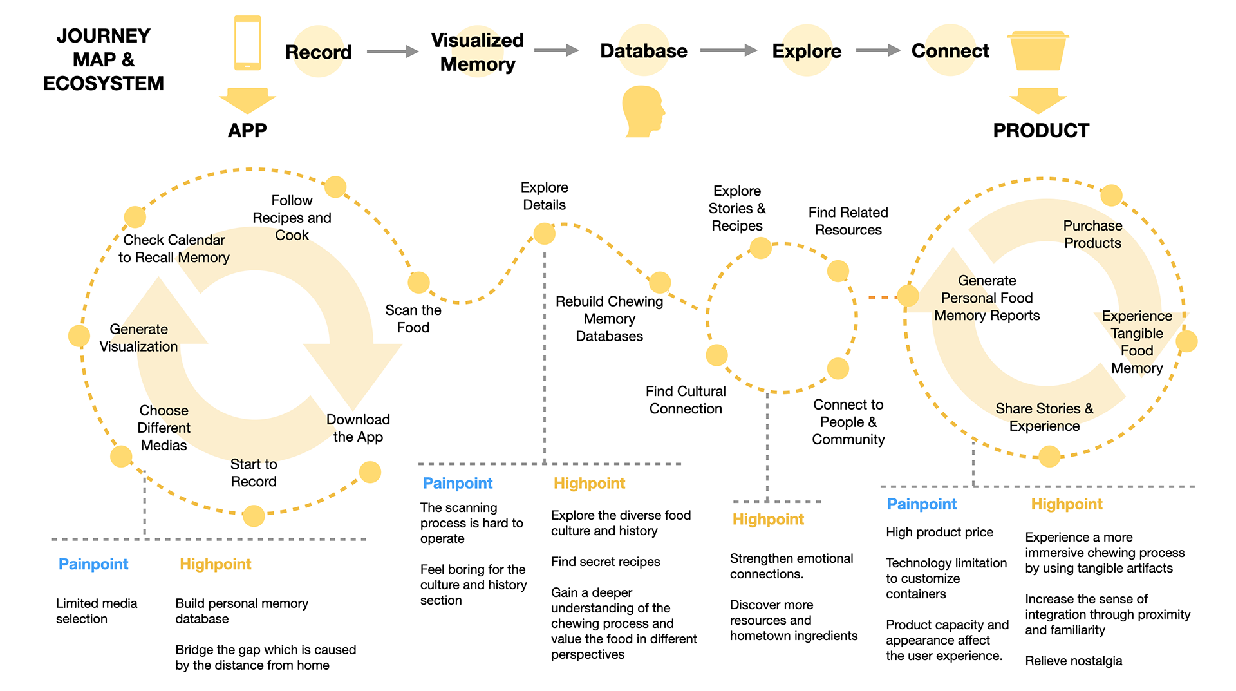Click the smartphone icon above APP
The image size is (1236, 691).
248,43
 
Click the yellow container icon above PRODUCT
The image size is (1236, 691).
1038,51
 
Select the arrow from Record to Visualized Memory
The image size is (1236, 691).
393,52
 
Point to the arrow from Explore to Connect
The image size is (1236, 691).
877,50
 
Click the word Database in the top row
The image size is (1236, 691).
643,51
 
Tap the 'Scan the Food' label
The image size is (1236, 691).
413,319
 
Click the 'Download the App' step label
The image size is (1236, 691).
358,428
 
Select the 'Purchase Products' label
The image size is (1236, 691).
1092,234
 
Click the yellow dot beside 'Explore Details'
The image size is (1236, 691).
545,233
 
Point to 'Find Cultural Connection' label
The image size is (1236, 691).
686,400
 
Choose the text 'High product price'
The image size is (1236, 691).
939,533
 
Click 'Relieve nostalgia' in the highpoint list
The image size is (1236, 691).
1073,661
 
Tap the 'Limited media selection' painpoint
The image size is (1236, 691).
97,611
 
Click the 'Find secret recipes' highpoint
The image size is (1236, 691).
605,562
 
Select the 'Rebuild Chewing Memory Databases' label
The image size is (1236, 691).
609,319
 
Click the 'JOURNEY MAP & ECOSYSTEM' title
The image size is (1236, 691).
104,59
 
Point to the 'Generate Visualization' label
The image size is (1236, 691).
138,338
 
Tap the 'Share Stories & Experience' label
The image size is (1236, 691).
1044,417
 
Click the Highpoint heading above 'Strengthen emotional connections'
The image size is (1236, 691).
768,519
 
